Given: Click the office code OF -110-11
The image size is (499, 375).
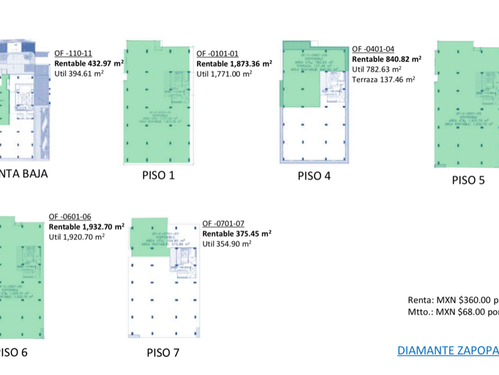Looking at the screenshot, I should pyautogui.click(x=73, y=53).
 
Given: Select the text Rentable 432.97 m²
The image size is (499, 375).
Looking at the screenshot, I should pyautogui.click(x=89, y=62).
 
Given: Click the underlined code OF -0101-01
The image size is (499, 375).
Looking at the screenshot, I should pyautogui.click(x=217, y=53).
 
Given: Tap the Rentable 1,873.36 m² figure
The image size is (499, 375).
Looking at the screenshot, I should pyautogui.click(x=234, y=64).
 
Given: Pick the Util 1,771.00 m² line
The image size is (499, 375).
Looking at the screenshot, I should pyautogui.click(x=224, y=74).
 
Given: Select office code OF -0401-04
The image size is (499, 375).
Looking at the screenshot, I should pyautogui.click(x=373, y=49).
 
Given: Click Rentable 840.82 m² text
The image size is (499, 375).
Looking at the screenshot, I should pyautogui.click(x=387, y=59).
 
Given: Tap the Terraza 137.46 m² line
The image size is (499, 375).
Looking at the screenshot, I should pyautogui.click(x=384, y=79).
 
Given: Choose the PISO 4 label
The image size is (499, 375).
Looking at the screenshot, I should pyautogui.click(x=314, y=176).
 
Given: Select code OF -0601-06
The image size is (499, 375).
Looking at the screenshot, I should pyautogui.click(x=70, y=217).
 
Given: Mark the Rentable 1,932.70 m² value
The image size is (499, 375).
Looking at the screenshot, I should pyautogui.click(x=86, y=227).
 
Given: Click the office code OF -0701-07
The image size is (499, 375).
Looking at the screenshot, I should pyautogui.click(x=223, y=224).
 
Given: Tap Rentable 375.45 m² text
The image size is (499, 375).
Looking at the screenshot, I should pyautogui.click(x=237, y=233).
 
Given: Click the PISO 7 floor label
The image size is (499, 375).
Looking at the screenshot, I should pyautogui.click(x=163, y=353).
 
